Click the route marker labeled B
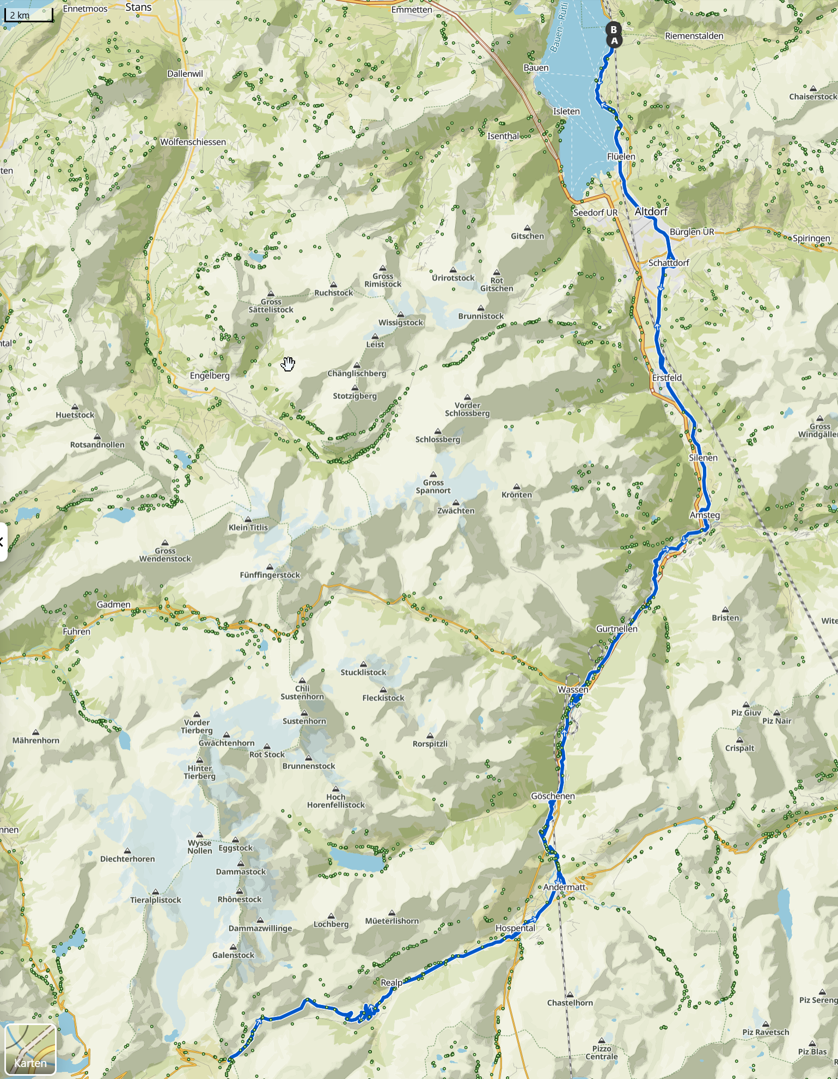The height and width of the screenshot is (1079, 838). coord(614,29)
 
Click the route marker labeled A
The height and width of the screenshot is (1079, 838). coord(614,41)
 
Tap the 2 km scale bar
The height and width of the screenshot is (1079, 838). coord(28,15)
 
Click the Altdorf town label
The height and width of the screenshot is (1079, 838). coord(651,211)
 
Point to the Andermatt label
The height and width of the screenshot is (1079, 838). coord(564,887)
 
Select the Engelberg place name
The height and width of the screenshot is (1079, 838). coord(210,376)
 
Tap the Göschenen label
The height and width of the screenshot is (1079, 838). coord(553,796)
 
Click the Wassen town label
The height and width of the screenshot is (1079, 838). coord(573,690)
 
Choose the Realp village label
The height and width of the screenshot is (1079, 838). coord(392,983)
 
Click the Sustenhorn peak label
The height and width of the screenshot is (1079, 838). coord(304,721)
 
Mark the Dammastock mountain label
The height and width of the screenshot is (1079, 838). coord(241,871)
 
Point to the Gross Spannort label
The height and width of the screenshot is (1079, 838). coord(433,486)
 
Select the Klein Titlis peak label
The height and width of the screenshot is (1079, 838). coord(248,527)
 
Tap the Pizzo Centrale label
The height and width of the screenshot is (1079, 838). coord(601,1052)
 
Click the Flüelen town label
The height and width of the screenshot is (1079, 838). coord(621,157)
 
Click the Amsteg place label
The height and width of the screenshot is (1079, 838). coord(705,515)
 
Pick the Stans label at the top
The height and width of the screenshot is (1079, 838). coord(138,7)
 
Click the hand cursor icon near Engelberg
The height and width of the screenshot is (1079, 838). coord(288,364)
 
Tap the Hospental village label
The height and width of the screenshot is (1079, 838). coord(515,928)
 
